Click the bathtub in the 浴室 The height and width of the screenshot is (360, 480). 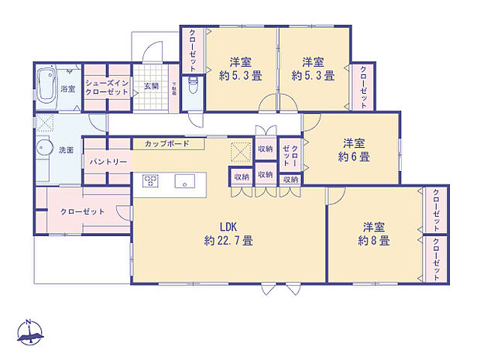(47, 80)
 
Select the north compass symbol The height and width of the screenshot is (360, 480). (29, 331)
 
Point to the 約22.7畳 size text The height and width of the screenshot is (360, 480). (228, 240)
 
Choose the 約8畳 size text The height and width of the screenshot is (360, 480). (373, 240)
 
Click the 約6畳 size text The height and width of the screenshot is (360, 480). (354, 156)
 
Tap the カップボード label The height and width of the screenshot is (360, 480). (166, 144)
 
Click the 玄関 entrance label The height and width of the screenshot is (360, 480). (150, 86)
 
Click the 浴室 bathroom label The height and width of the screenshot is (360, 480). (68, 89)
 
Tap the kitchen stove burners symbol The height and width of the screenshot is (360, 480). (150, 181)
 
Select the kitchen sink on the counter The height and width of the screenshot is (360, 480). (184, 183)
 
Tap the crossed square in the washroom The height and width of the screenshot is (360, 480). (43, 123)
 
